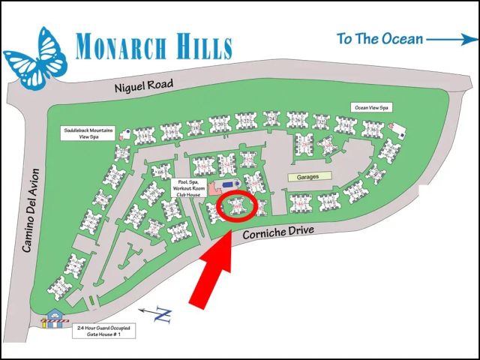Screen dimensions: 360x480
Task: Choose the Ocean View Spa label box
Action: pos(372,107)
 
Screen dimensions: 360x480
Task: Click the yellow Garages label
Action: pos(309,177)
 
